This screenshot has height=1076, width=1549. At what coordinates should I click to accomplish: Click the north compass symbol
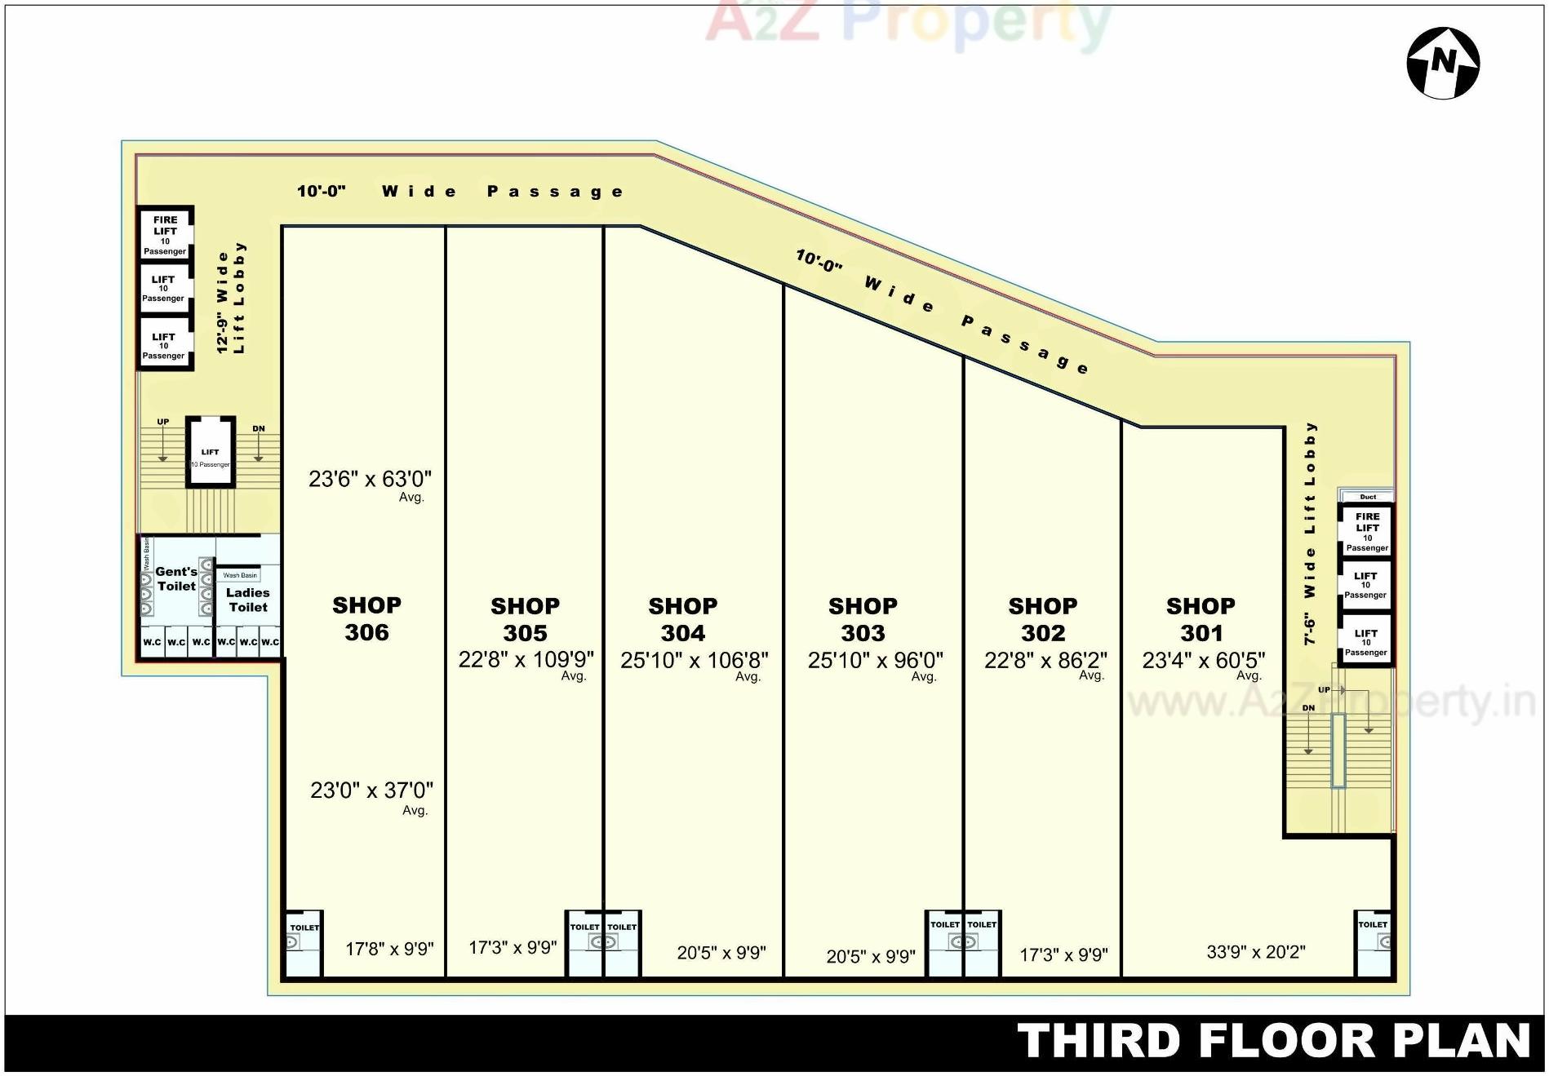(x=1443, y=63)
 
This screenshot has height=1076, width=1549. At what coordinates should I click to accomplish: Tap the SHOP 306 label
(x=366, y=618)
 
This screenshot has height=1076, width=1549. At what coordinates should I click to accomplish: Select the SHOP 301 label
(x=1201, y=619)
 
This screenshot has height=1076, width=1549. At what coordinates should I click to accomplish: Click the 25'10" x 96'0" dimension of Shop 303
(x=875, y=660)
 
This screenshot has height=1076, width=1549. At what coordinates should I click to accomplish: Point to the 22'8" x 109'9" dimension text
(x=526, y=659)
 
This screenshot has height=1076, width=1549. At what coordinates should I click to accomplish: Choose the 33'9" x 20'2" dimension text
(x=1255, y=951)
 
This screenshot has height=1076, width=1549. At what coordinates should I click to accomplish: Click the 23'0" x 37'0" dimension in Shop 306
(x=371, y=790)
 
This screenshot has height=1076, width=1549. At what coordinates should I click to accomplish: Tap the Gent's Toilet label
(x=176, y=578)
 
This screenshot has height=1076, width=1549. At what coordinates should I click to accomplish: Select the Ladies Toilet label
(x=248, y=600)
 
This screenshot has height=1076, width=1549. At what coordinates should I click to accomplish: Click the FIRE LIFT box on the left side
(x=165, y=234)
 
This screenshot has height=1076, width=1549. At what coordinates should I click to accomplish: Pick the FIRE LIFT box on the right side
(x=1367, y=531)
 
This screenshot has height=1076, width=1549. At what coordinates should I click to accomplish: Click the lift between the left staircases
(x=211, y=453)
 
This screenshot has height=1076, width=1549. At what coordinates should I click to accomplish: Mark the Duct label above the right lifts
(x=1368, y=496)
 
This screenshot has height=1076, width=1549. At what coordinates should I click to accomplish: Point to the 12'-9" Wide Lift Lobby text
(x=230, y=298)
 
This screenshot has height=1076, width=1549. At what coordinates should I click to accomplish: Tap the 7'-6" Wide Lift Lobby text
(x=1310, y=533)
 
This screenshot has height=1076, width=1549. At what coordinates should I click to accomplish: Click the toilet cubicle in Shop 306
(x=304, y=943)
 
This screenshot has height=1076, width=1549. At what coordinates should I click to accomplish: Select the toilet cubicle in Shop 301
(x=1374, y=943)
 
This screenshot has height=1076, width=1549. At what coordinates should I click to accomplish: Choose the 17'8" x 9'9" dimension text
(x=389, y=949)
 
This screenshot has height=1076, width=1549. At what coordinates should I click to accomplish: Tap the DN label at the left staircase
(x=258, y=428)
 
